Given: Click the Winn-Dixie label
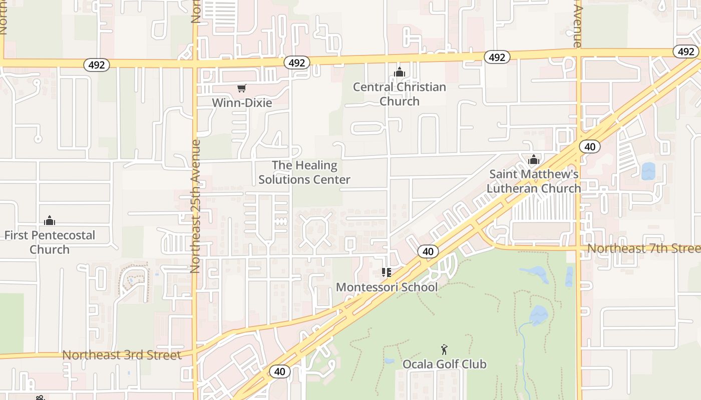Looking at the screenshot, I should [x=242, y=103].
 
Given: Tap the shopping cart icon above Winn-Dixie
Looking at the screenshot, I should [x=242, y=88].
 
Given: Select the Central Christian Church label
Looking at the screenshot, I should [x=399, y=94].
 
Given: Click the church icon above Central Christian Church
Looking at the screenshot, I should [x=399, y=72].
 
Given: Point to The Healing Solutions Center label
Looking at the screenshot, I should [x=304, y=172].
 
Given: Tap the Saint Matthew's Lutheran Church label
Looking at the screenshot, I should [x=534, y=181].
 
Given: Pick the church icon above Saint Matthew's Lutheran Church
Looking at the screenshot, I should [x=534, y=159].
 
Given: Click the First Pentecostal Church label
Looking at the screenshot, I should [x=50, y=242].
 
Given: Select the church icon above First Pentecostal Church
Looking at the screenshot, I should [x=50, y=220].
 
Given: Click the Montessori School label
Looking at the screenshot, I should [x=387, y=287].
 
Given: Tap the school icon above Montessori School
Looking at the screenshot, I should [x=386, y=272].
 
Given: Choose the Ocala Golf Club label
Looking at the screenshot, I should [x=444, y=364].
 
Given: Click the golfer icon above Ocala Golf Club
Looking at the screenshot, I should [x=444, y=349].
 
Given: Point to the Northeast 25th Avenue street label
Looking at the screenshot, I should [x=195, y=206].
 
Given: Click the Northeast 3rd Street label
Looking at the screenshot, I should [x=121, y=355].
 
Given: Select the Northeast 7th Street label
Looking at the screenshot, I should [x=643, y=248].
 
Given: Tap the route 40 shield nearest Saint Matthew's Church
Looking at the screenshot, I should [x=590, y=146].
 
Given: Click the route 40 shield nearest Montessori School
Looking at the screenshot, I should [x=428, y=251].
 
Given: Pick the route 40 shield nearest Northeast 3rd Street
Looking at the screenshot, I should [x=279, y=371].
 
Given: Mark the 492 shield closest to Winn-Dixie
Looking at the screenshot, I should [x=297, y=62].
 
